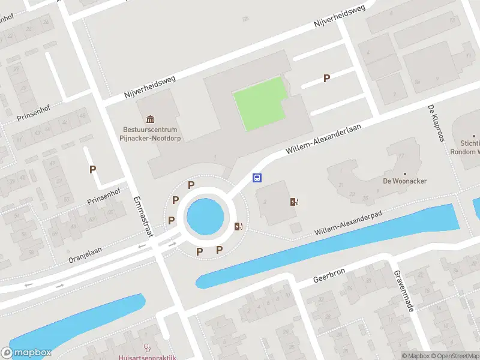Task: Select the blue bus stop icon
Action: click(x=257, y=178)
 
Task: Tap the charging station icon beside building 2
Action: click(x=295, y=202)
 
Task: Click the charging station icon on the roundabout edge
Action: click(x=239, y=226)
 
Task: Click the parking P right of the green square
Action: click(x=326, y=78)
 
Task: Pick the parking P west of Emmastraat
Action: click(x=92, y=170)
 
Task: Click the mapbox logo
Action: click(x=26, y=353)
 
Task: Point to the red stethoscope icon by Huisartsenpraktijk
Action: click(x=147, y=347)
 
